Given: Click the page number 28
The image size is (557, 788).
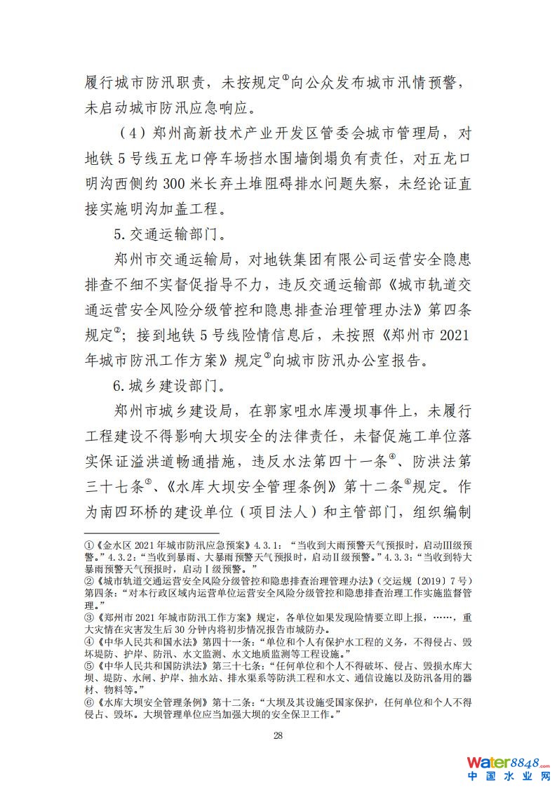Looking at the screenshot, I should [x=277, y=735].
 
